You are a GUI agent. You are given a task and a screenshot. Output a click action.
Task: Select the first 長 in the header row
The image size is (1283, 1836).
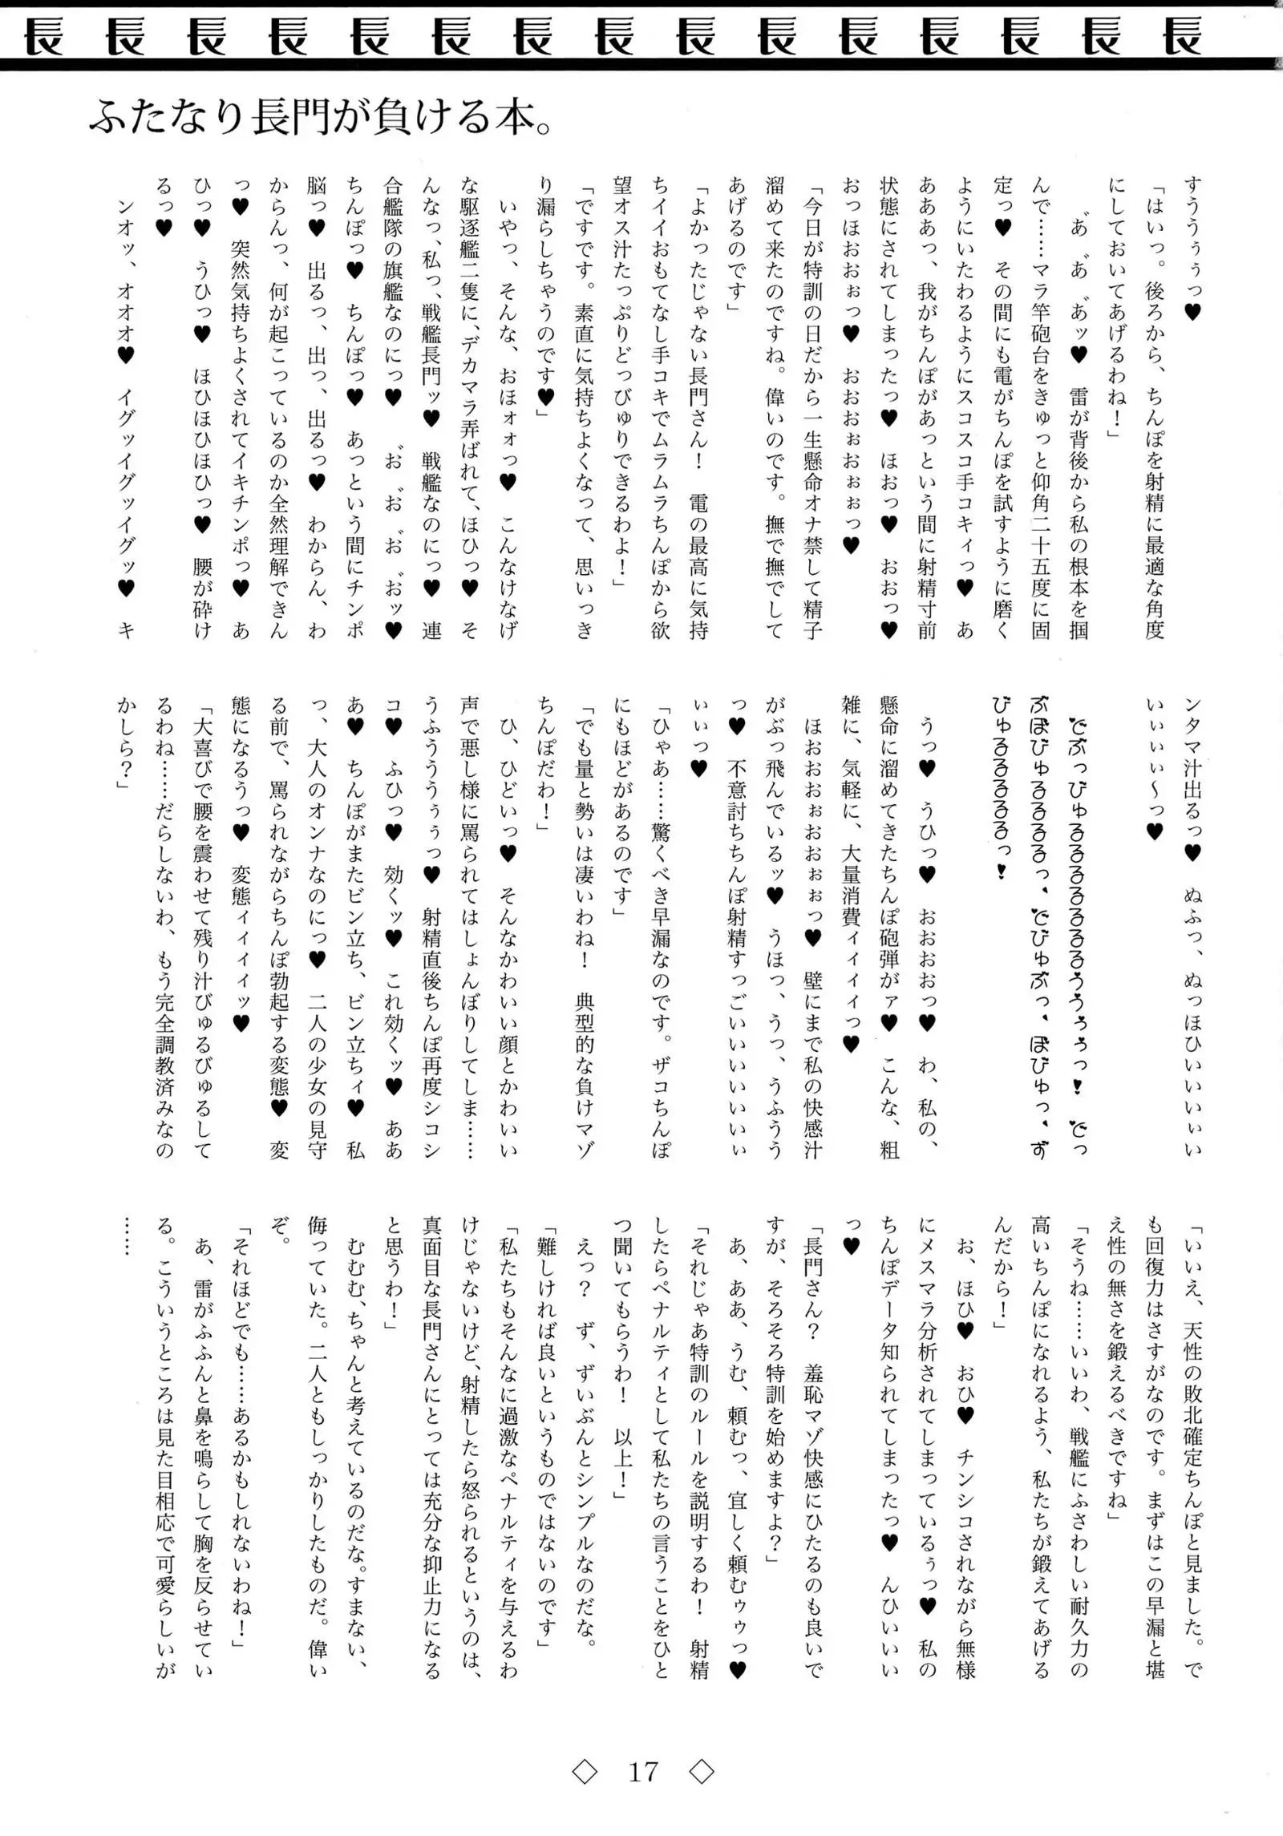43,37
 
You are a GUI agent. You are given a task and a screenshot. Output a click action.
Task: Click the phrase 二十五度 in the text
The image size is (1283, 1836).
1040,533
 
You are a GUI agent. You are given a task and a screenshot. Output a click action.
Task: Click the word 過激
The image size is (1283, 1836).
508,1435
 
